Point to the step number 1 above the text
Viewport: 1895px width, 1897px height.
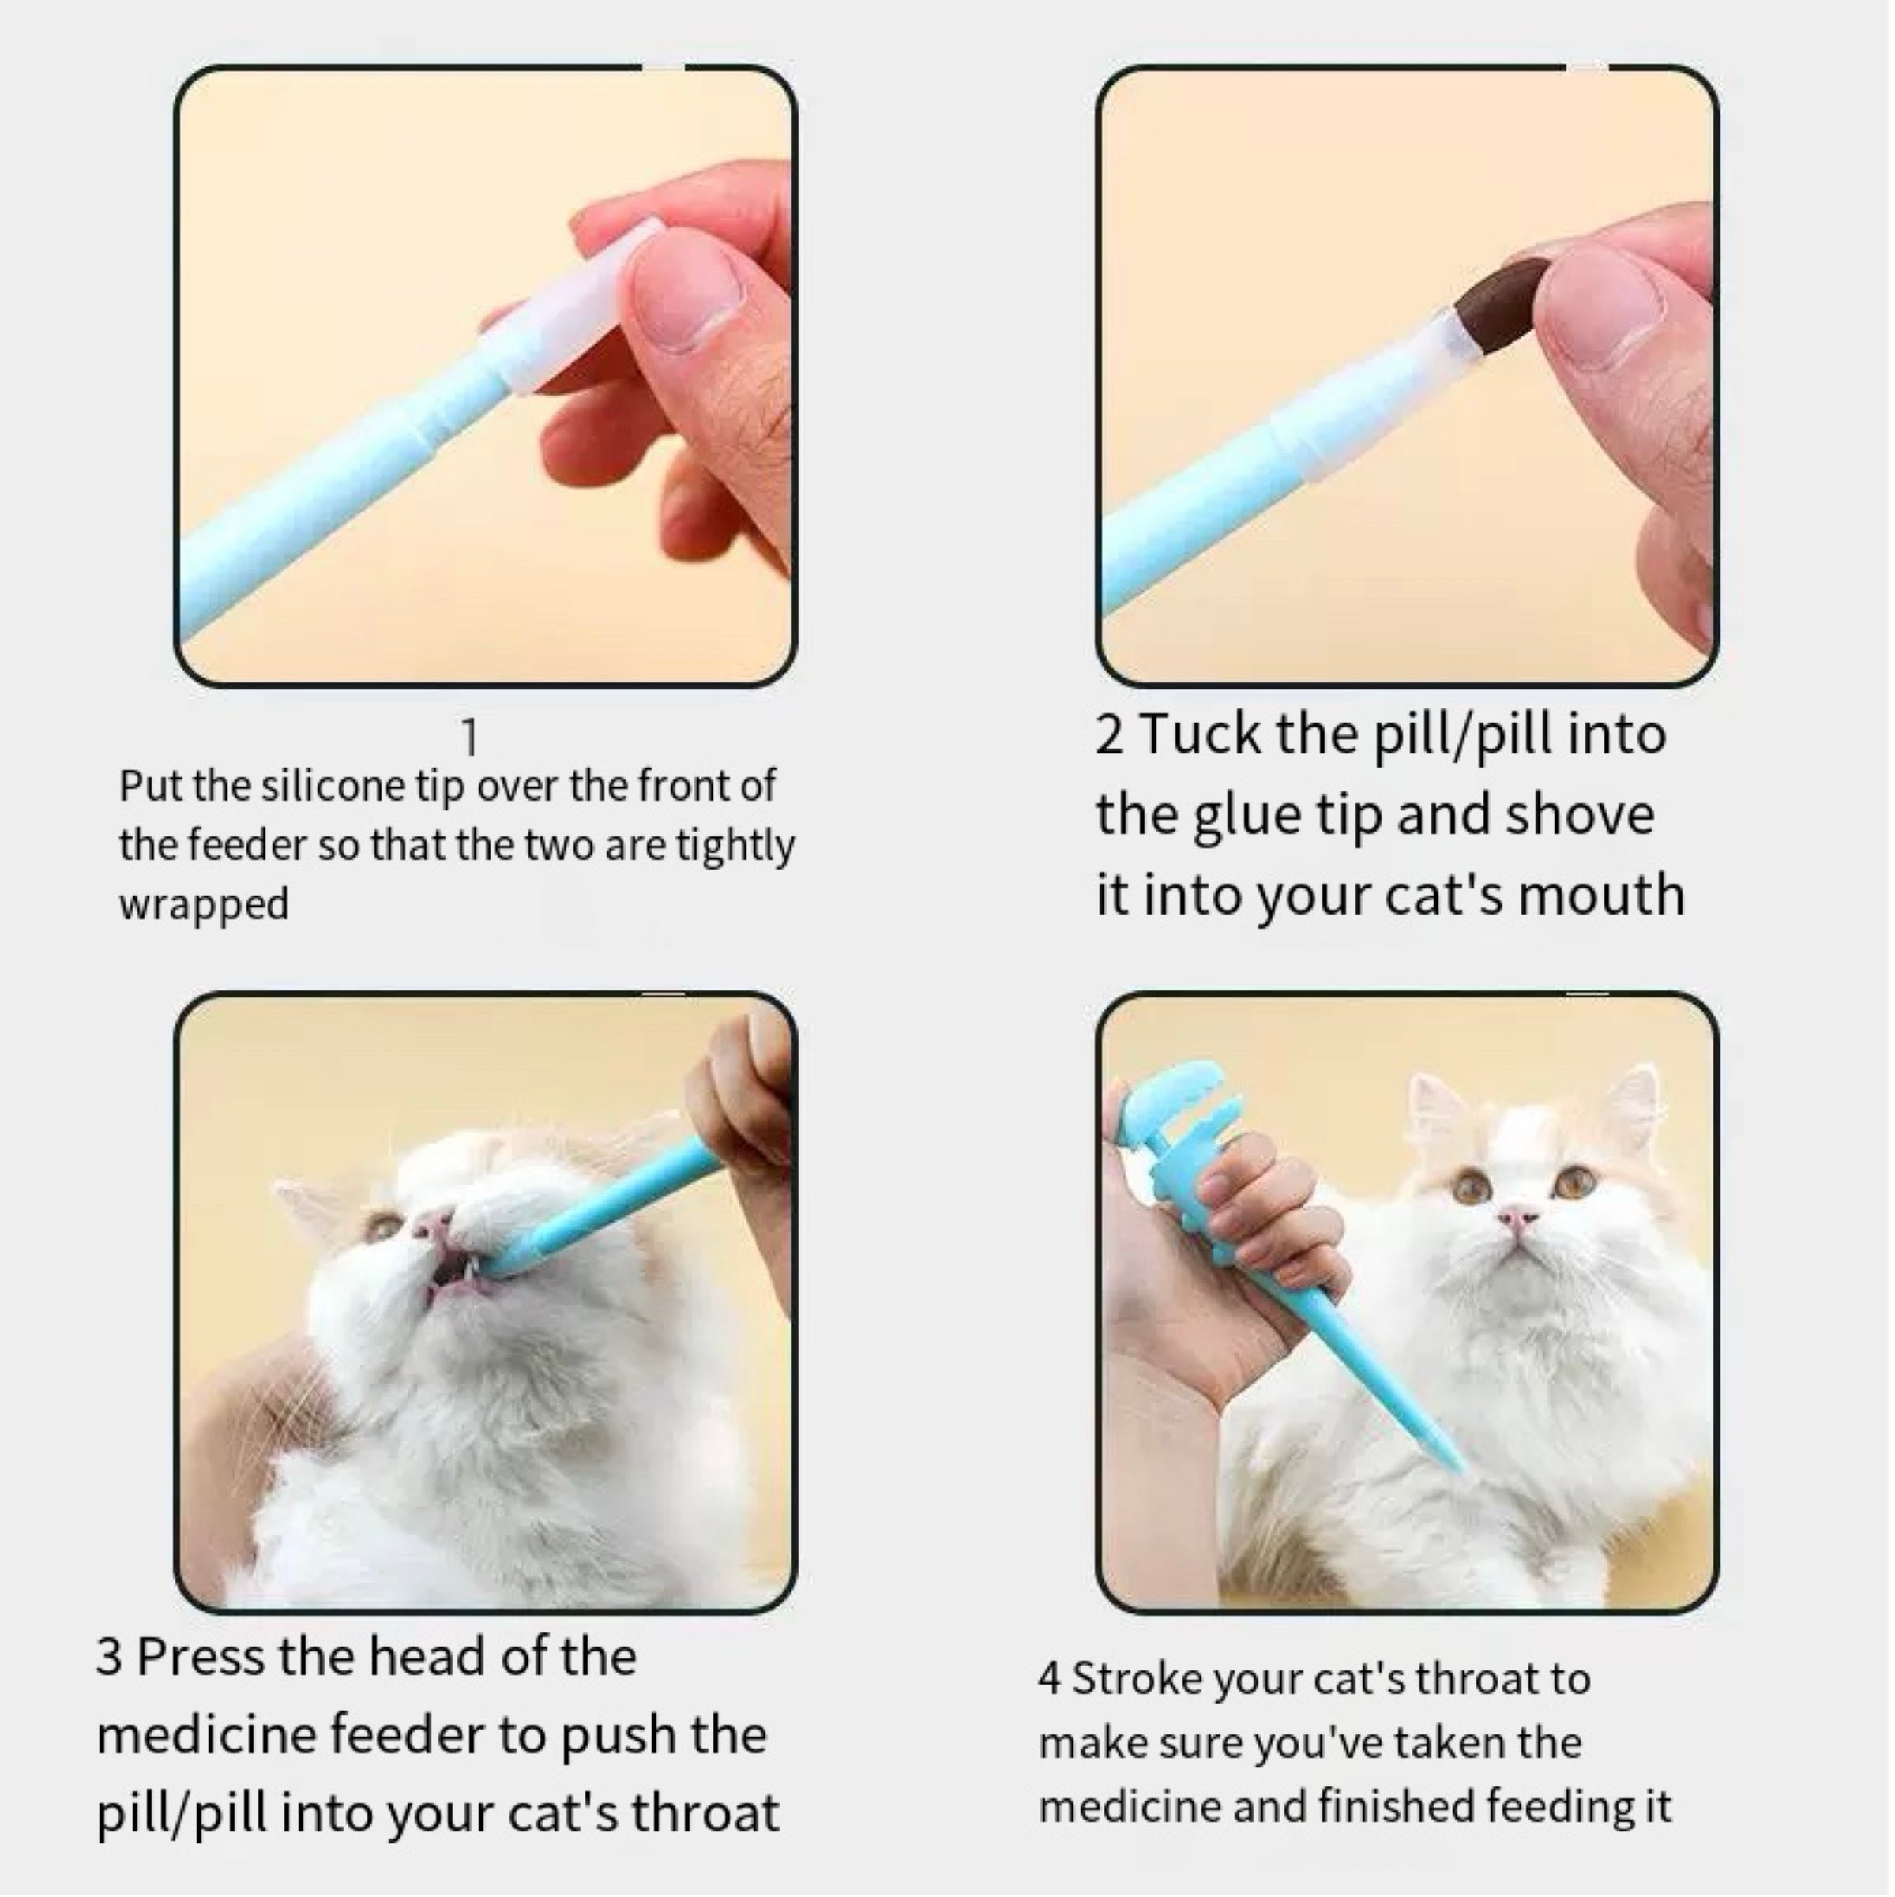click(x=469, y=738)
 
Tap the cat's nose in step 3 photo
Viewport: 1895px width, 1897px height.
click(x=433, y=1223)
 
